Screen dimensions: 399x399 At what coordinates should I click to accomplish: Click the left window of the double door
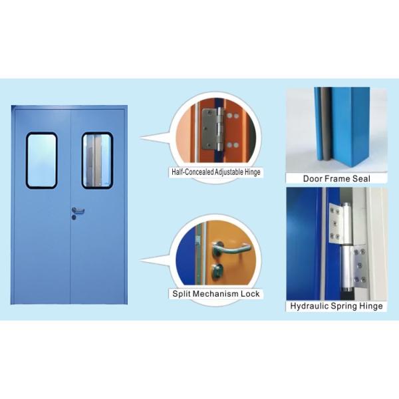pyautogui.click(x=41, y=160)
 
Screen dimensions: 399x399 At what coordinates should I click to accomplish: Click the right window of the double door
pyautogui.click(x=97, y=160)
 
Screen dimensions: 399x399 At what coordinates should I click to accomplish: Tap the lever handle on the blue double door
pyautogui.click(x=78, y=211)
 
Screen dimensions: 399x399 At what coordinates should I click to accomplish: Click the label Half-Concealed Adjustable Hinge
pyautogui.click(x=215, y=172)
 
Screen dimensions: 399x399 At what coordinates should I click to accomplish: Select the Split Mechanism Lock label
pyautogui.click(x=215, y=293)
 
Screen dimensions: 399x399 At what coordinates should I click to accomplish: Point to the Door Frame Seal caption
pyautogui.click(x=336, y=178)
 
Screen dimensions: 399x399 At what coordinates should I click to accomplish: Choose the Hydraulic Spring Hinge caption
pyautogui.click(x=336, y=306)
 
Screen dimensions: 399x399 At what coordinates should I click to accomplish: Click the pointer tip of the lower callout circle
pyautogui.click(x=140, y=261)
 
